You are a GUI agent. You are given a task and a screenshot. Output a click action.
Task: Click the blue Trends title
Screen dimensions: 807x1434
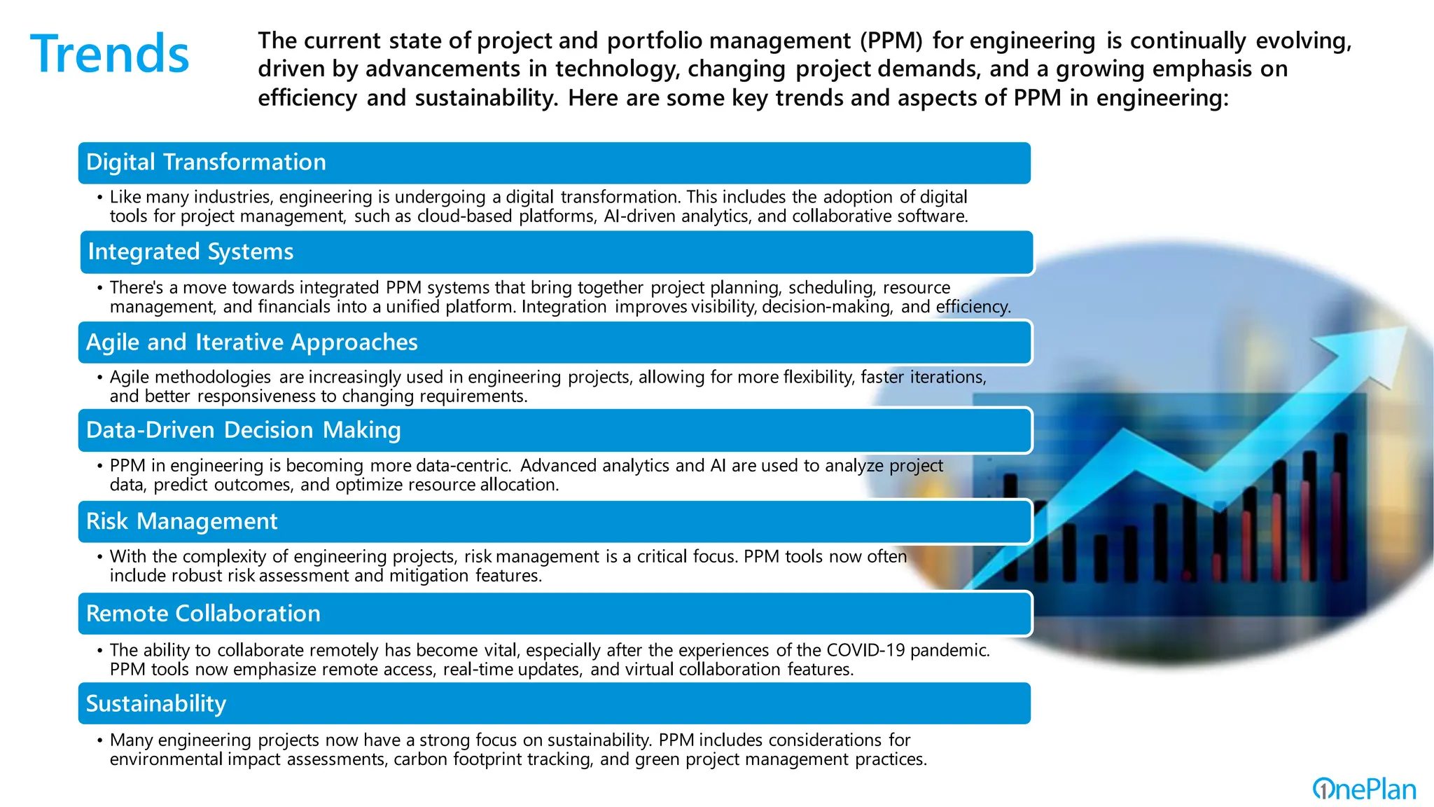tap(110, 54)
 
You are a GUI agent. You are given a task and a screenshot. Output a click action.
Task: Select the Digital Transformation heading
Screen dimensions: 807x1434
tap(206, 163)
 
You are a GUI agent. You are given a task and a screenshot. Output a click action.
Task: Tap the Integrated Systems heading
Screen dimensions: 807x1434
tap(190, 252)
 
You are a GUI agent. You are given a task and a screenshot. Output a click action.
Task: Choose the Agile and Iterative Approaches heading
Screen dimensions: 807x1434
tap(251, 343)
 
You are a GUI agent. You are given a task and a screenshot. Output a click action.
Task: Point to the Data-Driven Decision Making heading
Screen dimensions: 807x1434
tap(243, 430)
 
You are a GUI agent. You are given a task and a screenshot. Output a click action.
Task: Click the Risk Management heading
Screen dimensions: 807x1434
tap(181, 522)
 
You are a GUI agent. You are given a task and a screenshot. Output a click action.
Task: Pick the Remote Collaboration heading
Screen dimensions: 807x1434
tap(203, 614)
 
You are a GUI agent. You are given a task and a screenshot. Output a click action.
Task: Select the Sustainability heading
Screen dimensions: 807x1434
tap(155, 704)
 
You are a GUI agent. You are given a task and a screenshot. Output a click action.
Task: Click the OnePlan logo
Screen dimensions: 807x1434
tap(1363, 789)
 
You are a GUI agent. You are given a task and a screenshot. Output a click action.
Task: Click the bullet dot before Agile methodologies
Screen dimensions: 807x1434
tap(100, 378)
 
